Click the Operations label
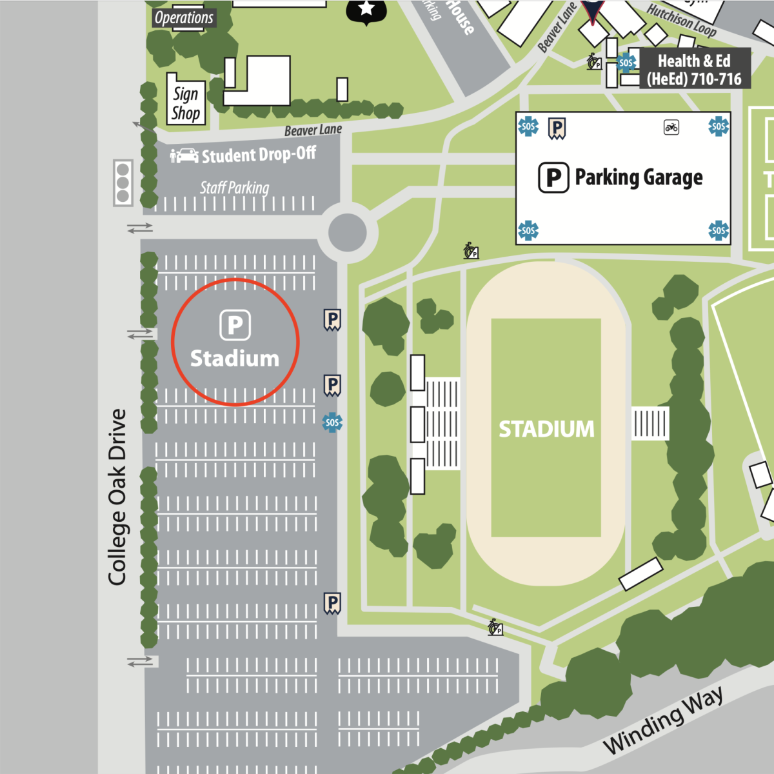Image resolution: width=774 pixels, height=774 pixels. [184, 17]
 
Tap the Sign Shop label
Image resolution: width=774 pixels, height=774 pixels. [186, 103]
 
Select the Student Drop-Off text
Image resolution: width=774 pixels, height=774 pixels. [259, 155]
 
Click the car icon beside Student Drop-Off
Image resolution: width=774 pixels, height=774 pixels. [186, 155]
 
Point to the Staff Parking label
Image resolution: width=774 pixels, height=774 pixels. [234, 188]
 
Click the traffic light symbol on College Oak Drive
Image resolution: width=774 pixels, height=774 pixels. [123, 183]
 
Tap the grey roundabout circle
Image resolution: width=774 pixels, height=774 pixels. [348, 232]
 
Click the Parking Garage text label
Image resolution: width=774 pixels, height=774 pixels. [639, 177]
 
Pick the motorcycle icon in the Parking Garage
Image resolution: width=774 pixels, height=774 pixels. [671, 127]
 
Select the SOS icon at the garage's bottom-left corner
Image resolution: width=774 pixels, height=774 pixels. [528, 230]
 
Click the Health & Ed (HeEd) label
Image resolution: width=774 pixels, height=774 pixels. [694, 70]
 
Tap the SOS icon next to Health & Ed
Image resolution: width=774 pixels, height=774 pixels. [626, 63]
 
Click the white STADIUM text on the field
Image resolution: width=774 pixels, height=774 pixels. [546, 429]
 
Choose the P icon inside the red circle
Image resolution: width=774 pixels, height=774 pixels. [235, 325]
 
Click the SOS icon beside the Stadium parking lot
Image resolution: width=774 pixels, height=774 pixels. [332, 422]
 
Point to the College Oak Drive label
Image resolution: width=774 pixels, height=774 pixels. [117, 497]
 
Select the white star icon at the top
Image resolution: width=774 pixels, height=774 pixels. [367, 8]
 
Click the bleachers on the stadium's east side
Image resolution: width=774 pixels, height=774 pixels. [650, 424]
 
